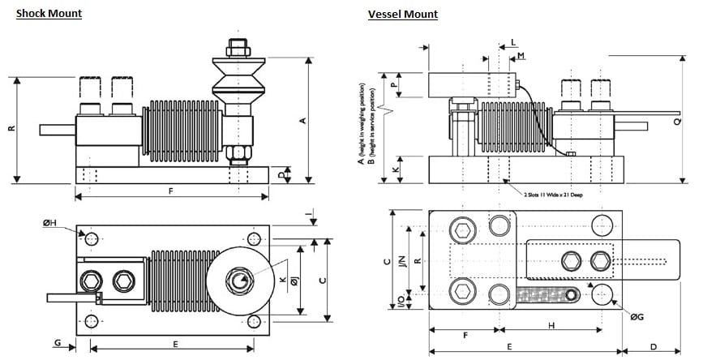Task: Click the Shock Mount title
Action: click(49, 14)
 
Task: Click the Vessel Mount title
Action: click(402, 15)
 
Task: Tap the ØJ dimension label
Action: click(294, 280)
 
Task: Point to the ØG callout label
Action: click(637, 317)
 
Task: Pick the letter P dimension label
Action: click(392, 84)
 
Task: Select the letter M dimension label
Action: click(521, 56)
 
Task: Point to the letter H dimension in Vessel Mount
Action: click(551, 325)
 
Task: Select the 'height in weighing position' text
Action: click(361, 122)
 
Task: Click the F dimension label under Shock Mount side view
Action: click(169, 191)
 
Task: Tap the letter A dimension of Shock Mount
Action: click(302, 121)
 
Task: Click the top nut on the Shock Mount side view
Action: click(237, 48)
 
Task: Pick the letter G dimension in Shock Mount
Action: click(58, 344)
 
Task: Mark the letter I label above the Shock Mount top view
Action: click(311, 214)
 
